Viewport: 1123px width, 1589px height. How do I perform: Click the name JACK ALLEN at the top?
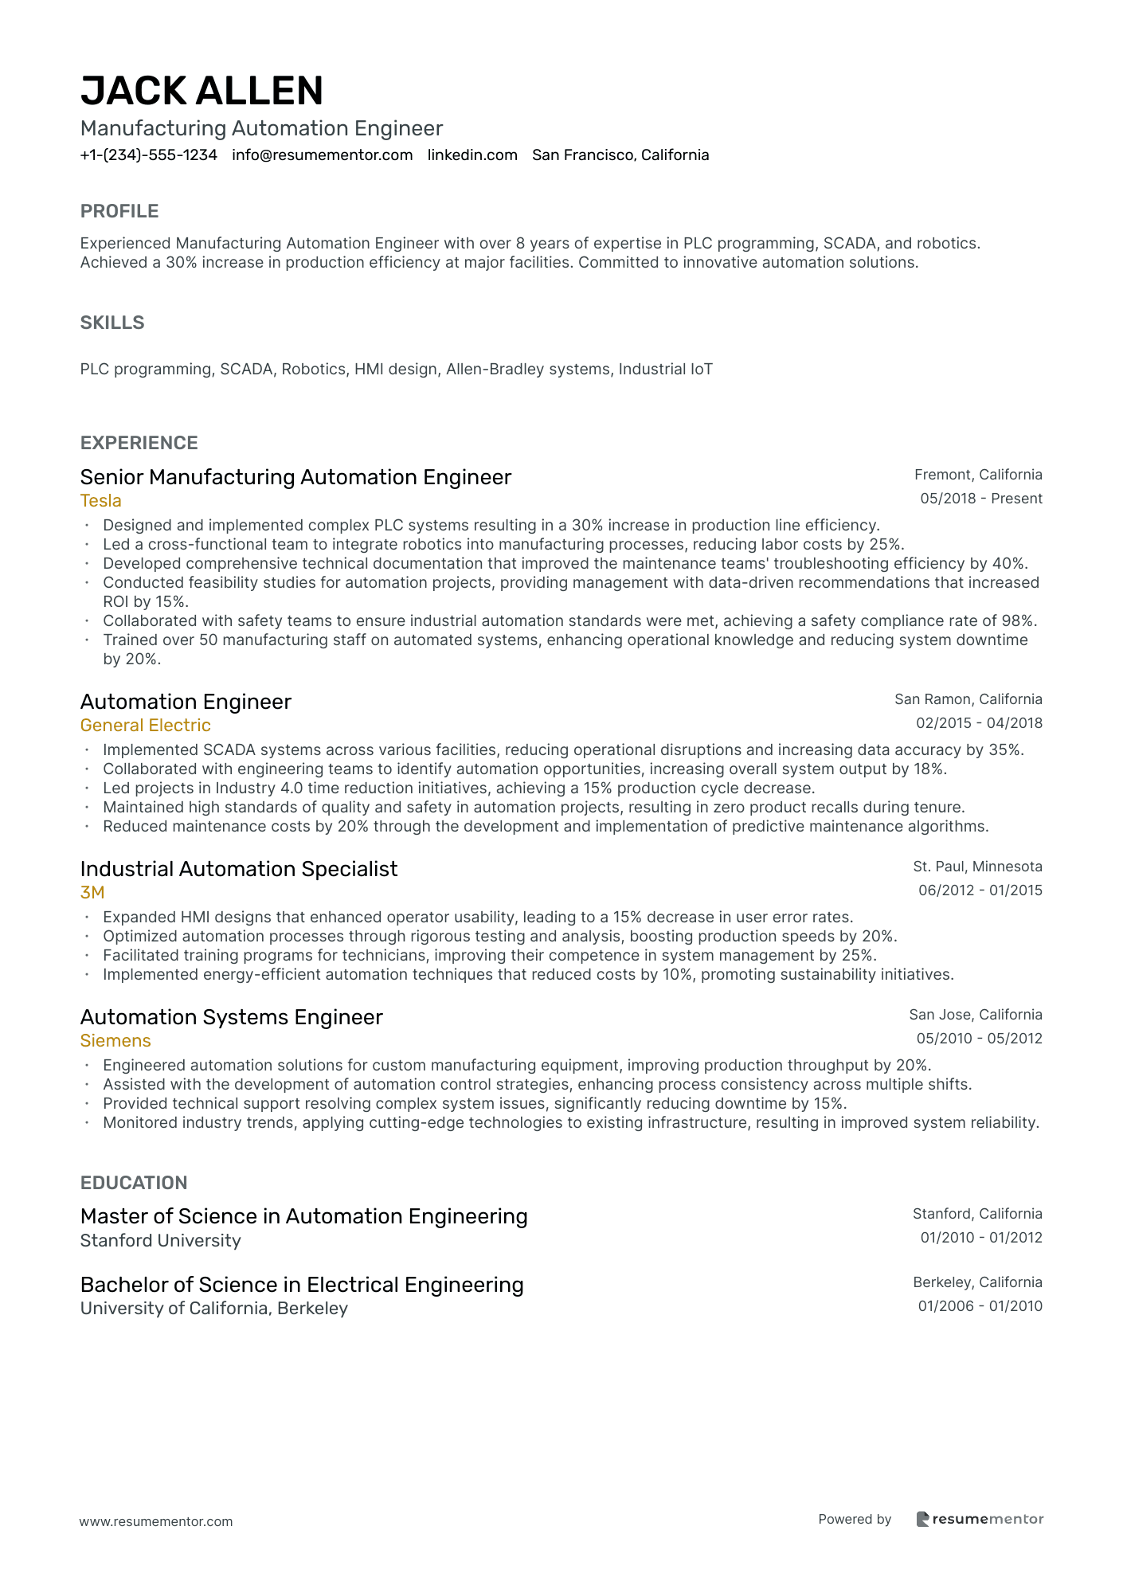pos(202,91)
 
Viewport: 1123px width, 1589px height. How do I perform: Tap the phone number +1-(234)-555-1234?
pos(148,155)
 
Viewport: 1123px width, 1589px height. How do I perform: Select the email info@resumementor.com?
pos(322,155)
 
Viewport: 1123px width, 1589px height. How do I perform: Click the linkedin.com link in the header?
pos(472,155)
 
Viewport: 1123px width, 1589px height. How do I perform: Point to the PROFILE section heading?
pos(119,211)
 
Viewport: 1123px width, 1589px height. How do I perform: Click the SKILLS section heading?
pos(112,323)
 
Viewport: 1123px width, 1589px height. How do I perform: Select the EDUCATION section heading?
pos(134,1183)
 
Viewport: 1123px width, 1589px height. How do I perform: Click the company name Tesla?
pos(101,501)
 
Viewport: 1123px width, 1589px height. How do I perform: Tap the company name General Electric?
pos(145,726)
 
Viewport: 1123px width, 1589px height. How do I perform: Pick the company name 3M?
pos(92,893)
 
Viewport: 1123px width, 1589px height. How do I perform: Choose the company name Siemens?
pos(115,1041)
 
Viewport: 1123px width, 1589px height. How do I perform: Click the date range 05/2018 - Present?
pos(980,499)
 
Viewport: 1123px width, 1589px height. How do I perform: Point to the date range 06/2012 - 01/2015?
pos(980,890)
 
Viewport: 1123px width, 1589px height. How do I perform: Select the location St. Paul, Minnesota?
pos(977,867)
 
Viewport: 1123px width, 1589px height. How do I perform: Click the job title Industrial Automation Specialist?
pos(238,869)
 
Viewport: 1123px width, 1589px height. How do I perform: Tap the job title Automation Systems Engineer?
pos(231,1017)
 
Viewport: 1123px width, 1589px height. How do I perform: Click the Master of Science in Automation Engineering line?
pos(303,1216)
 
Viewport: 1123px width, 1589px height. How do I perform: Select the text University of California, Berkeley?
pos(213,1309)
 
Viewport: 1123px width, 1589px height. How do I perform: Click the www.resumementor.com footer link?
pos(156,1521)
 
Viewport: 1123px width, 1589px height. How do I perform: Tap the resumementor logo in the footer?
pos(979,1519)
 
